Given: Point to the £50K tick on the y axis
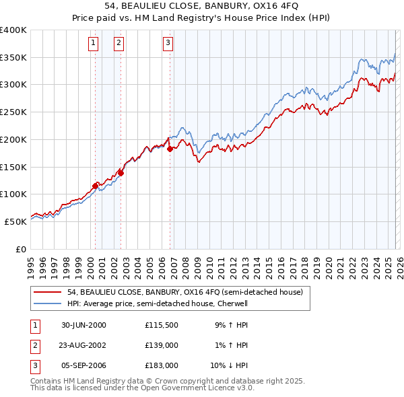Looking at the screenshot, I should (x=15, y=221).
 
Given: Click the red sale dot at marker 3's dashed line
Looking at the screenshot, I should (x=170, y=149).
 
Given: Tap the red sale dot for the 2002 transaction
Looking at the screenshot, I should (x=121, y=173).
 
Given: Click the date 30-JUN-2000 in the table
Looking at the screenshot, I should (x=83, y=325).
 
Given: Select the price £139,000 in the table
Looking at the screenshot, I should (x=161, y=345).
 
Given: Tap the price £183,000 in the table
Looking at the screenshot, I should (x=161, y=365).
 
